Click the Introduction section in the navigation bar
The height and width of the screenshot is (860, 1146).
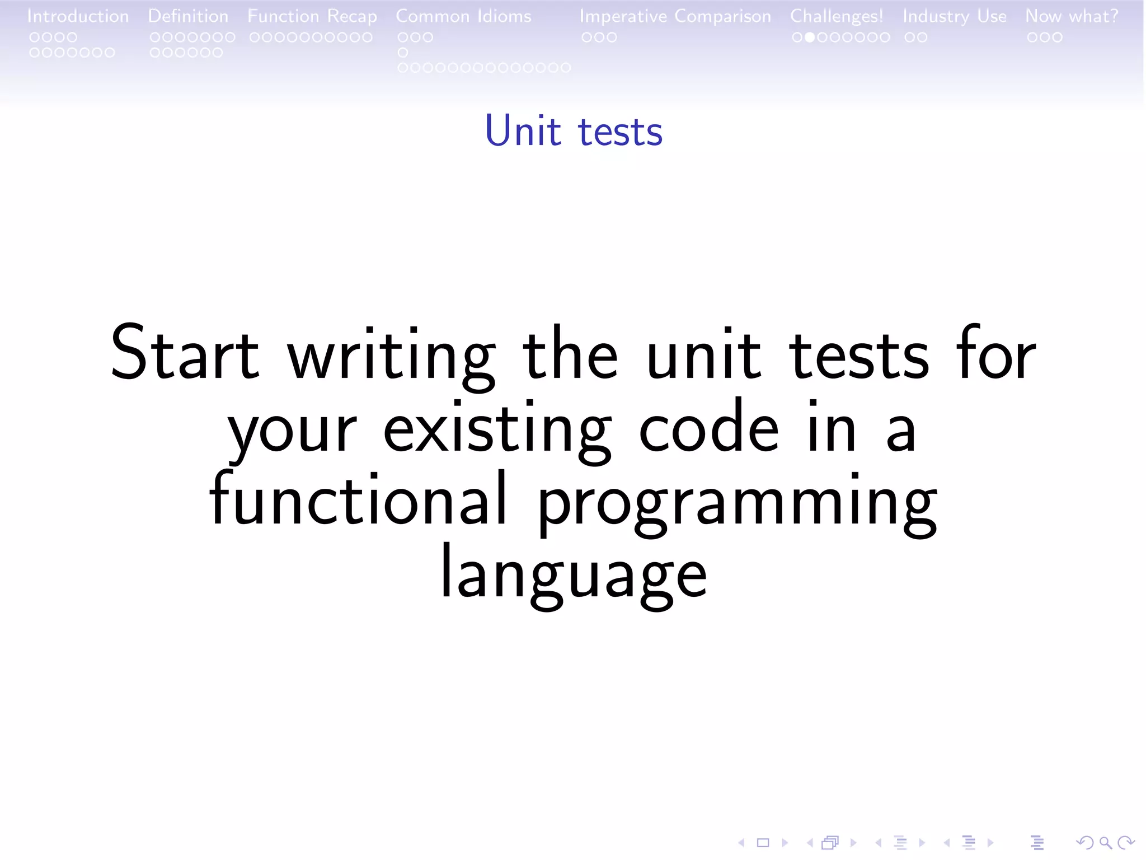click(x=78, y=16)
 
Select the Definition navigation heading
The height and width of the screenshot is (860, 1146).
click(x=188, y=16)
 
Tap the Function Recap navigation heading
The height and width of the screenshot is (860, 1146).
click(x=312, y=16)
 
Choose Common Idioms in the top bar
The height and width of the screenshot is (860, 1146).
click(x=463, y=16)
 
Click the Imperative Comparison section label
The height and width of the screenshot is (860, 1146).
click(x=675, y=16)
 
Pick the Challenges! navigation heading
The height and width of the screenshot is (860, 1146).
click(x=836, y=16)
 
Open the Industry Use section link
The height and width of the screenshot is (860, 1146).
click(x=954, y=16)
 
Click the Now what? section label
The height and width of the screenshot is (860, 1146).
click(x=1072, y=16)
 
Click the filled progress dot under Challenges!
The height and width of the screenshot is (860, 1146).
click(x=809, y=38)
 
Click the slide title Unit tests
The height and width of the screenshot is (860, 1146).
click(x=573, y=131)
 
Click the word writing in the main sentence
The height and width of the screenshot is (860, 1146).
click(x=391, y=356)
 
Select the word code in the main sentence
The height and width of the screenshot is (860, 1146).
click(x=708, y=429)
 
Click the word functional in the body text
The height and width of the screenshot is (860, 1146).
click(x=358, y=498)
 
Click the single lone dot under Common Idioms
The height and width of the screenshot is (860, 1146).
click(x=403, y=53)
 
